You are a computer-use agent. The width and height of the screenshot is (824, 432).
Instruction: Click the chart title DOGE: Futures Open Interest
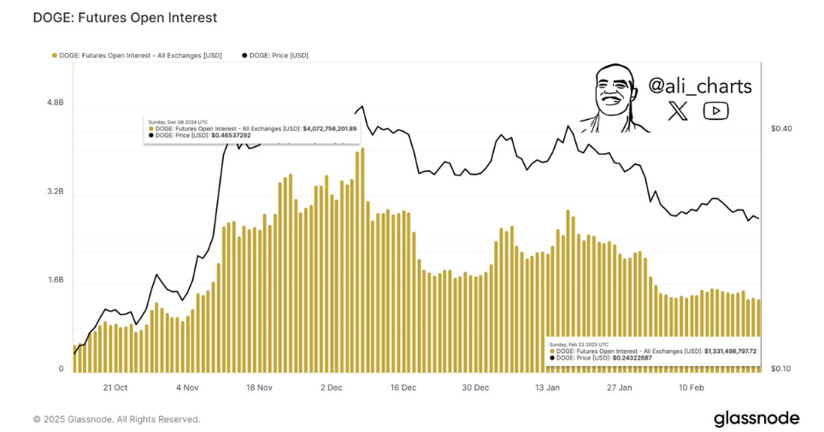tap(125, 17)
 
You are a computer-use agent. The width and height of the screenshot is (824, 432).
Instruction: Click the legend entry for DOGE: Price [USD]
tap(277, 56)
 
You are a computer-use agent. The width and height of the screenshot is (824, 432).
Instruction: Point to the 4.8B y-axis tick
tap(56, 103)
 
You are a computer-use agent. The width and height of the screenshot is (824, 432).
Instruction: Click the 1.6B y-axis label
tap(56, 280)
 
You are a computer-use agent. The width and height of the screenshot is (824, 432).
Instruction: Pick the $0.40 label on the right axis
tap(781, 129)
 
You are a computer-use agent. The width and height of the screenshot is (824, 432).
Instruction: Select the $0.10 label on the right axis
tap(781, 369)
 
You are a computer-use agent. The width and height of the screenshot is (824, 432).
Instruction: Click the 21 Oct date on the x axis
tap(115, 388)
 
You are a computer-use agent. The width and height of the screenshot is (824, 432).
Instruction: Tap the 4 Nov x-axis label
tap(187, 388)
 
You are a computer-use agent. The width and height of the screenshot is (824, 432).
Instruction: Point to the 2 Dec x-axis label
tap(331, 388)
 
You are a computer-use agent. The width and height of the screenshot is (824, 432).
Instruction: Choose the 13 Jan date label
tap(547, 388)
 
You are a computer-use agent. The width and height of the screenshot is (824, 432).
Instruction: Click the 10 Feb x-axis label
tap(692, 388)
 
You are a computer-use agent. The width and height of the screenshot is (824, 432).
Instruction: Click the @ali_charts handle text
tap(700, 86)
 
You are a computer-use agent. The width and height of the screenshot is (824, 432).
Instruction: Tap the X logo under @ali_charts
tap(678, 110)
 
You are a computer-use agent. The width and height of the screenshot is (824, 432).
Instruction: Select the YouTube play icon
tap(715, 110)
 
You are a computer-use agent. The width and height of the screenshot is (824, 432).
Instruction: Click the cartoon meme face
tap(613, 98)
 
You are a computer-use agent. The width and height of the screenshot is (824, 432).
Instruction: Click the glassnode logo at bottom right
tap(756, 418)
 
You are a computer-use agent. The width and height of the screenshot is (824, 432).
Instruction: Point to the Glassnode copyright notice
tap(116, 419)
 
